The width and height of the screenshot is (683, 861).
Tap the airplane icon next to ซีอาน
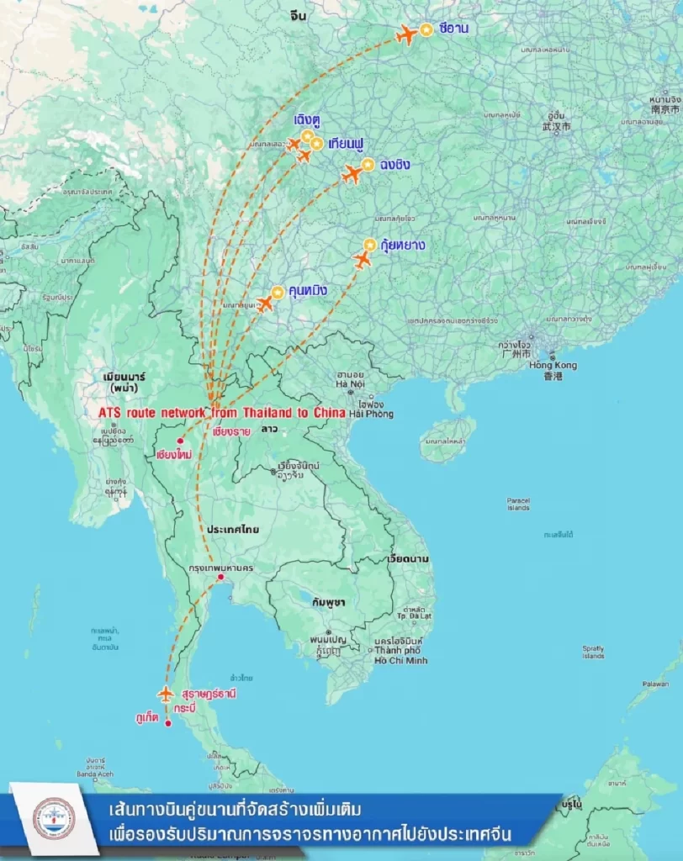[406, 34]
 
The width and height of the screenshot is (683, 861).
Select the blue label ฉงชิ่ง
[395, 165]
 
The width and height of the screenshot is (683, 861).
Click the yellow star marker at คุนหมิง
[278, 292]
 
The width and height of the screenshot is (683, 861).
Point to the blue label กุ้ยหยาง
[402, 246]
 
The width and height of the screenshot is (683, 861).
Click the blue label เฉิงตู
[307, 120]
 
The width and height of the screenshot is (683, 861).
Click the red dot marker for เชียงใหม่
[179, 441]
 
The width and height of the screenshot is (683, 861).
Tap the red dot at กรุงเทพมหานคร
[220, 577]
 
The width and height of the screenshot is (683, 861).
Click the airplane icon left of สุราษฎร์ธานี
[166, 694]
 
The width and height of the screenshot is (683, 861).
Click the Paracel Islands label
[518, 504]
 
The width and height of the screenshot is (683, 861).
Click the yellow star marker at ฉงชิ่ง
[368, 165]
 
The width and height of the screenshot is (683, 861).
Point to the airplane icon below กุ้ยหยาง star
[363, 261]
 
